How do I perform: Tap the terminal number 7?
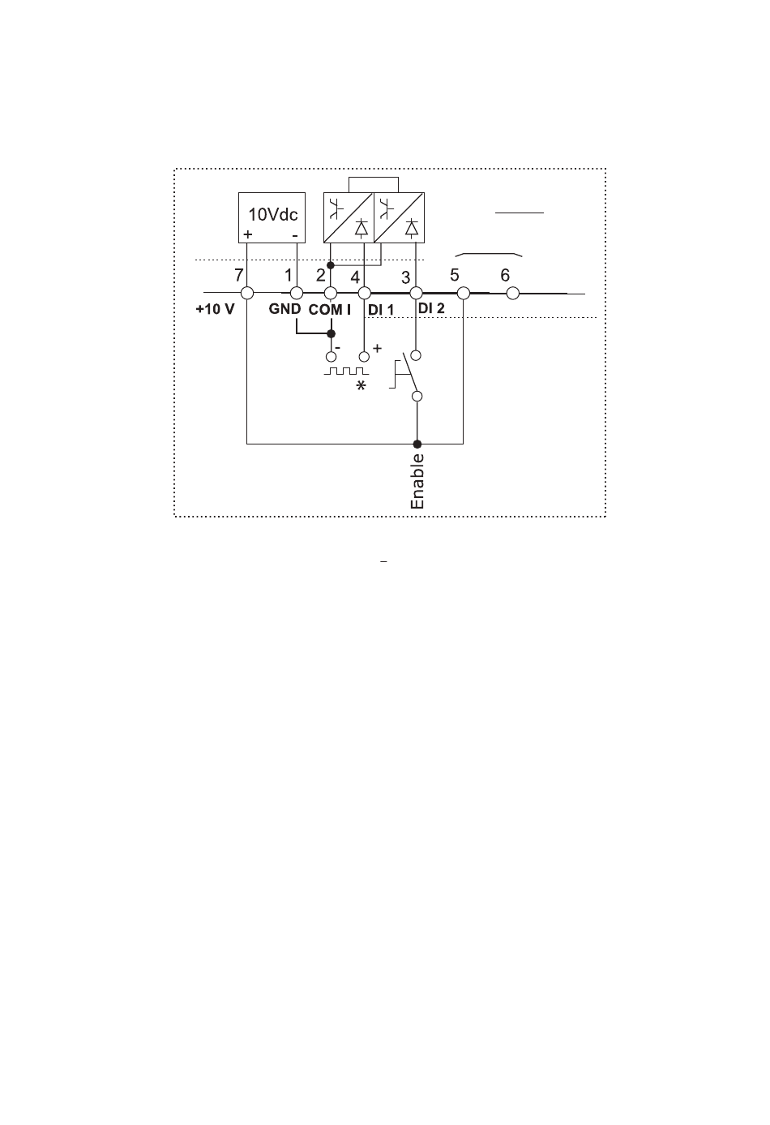coord(238,275)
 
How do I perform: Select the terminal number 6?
coord(505,275)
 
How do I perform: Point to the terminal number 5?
coord(455,275)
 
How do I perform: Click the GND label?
coord(285,309)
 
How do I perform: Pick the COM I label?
coord(329,310)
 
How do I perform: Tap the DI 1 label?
coord(381,310)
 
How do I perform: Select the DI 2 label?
coord(431,308)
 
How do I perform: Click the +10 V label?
coord(215,309)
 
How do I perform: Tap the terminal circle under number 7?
coord(246,293)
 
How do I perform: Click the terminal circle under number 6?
coord(511,293)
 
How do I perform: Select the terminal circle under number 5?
coord(463,293)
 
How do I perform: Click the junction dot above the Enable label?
coord(417,444)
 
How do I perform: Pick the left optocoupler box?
coord(349,217)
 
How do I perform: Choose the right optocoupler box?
coord(399,217)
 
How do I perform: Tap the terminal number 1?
coord(289,275)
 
